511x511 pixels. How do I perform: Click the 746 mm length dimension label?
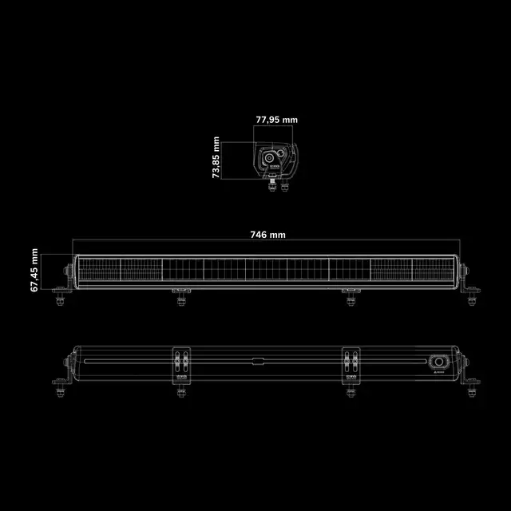point(267,235)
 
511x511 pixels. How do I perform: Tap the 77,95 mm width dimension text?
point(276,120)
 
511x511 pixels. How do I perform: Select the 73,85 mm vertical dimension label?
point(216,157)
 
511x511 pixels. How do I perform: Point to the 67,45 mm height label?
point(34,269)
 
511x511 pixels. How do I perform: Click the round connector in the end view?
point(270,158)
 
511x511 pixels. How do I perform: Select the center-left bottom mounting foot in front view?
point(182,299)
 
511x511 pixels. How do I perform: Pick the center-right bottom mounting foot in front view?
point(350,299)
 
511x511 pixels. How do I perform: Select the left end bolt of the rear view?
point(61,389)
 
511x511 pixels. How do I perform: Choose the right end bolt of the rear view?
point(471,389)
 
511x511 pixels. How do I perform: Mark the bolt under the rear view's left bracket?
point(182,390)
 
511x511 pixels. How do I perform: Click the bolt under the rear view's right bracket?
point(350,390)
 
